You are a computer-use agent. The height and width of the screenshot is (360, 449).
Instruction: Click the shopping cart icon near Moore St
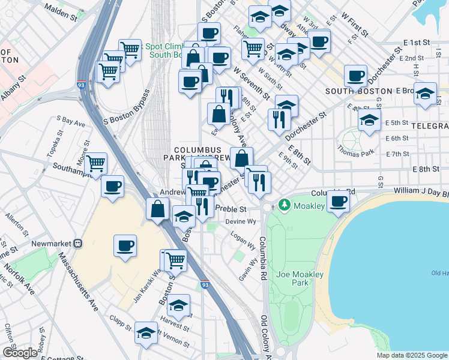pyautogui.click(x=96, y=163)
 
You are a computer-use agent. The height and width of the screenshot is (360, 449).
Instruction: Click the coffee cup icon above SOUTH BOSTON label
pyautogui.click(x=355, y=76)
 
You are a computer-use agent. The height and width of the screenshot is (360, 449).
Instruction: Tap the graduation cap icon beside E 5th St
pyautogui.click(x=369, y=119)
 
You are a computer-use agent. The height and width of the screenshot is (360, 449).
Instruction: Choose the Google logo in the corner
pyautogui.click(x=20, y=353)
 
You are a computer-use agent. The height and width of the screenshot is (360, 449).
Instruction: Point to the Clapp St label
pyautogui.click(x=120, y=322)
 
